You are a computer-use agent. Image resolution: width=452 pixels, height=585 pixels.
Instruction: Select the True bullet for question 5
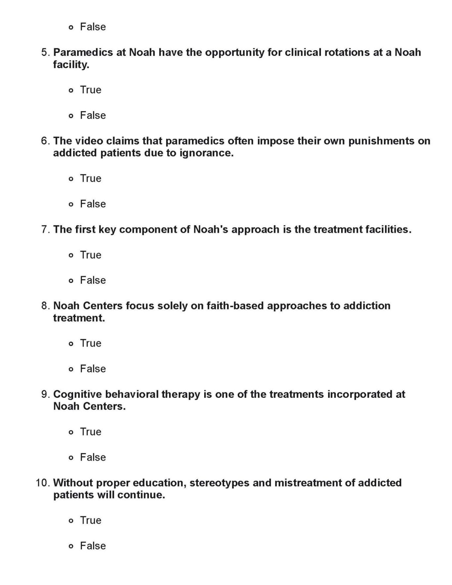[71, 90]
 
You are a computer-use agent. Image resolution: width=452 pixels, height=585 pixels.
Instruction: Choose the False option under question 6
[71, 204]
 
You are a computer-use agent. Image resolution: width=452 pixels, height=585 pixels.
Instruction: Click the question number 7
[45, 229]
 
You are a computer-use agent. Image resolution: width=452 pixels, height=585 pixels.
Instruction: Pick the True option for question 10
[71, 521]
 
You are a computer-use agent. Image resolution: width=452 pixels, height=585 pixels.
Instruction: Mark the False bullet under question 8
[71, 369]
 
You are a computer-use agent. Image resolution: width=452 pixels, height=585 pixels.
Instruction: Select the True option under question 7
[71, 255]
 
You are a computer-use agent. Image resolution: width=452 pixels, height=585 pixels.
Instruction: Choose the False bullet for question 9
[71, 458]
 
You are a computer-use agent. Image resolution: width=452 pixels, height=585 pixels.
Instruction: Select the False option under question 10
[71, 546]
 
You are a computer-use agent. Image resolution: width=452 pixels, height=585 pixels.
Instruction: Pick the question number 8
[45, 305]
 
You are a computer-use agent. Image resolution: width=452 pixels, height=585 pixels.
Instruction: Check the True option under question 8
[71, 344]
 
